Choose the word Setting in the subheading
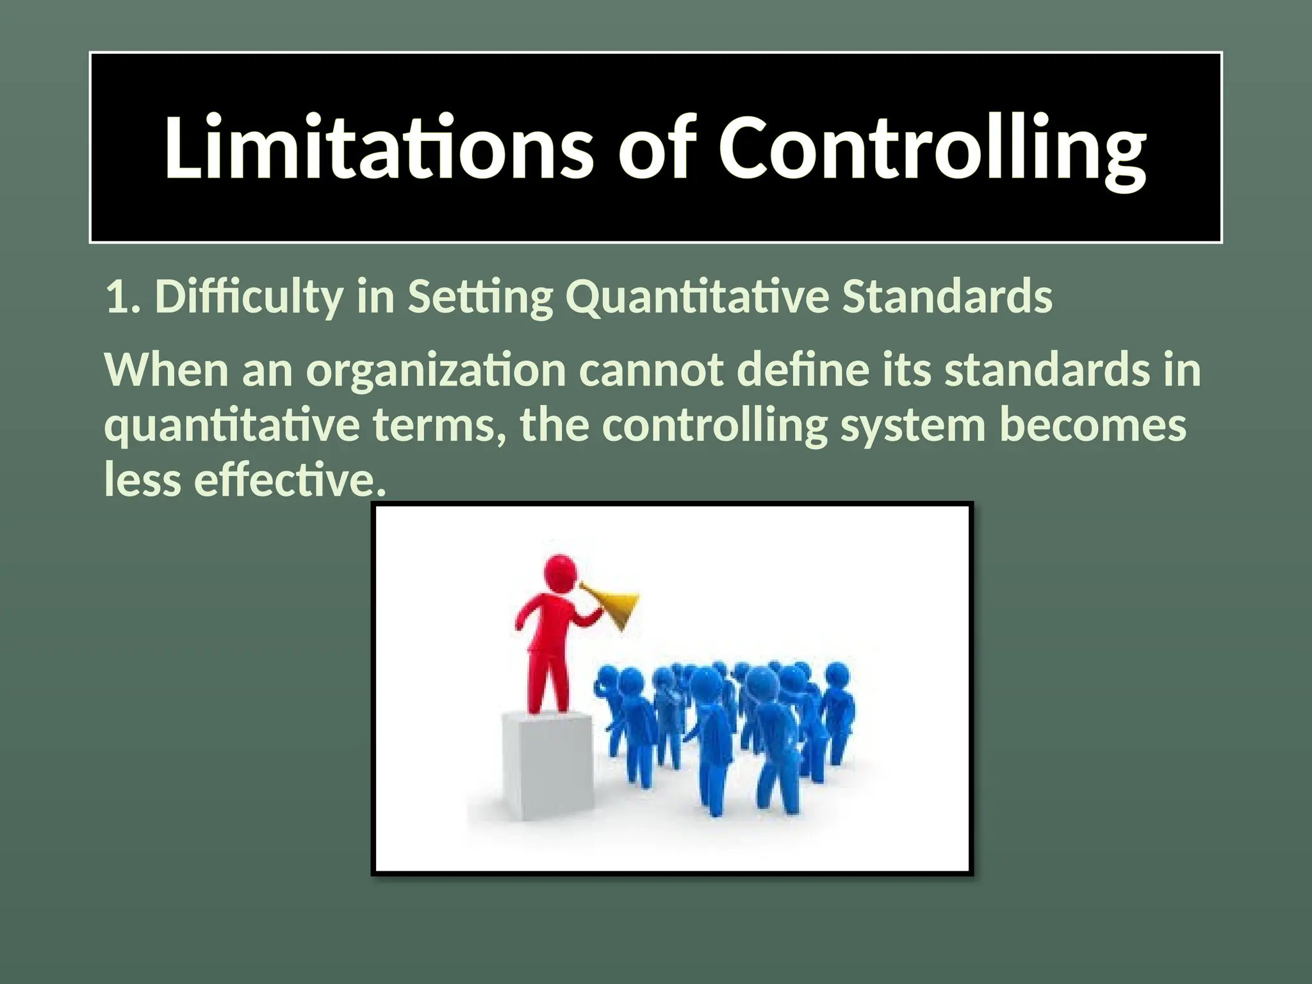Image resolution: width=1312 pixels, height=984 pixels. (x=480, y=297)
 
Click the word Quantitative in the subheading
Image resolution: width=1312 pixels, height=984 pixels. (x=696, y=297)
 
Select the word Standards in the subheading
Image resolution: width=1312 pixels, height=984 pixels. (x=947, y=297)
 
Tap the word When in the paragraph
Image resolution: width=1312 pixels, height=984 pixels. (x=167, y=370)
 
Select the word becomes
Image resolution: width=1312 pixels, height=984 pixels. (x=1092, y=425)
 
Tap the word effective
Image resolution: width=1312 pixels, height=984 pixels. (x=290, y=479)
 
